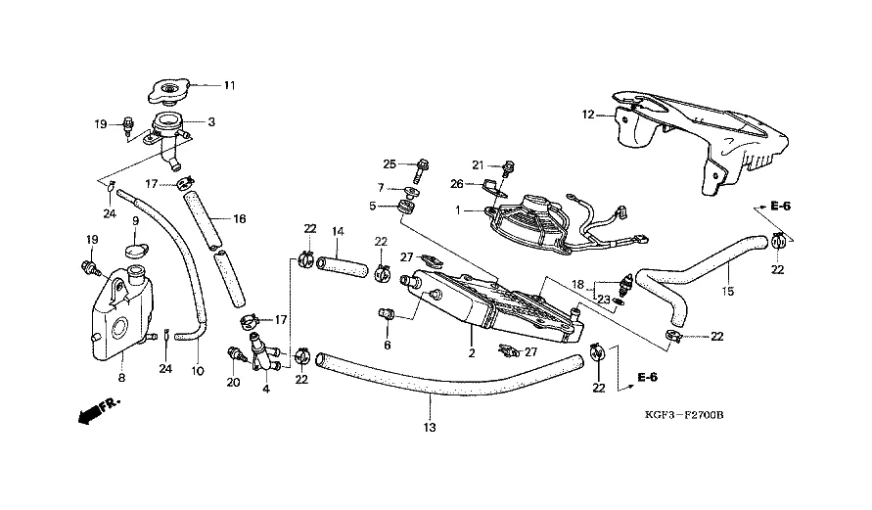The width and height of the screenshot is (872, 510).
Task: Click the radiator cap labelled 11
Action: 169,92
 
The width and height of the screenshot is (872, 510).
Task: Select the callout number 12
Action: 588,115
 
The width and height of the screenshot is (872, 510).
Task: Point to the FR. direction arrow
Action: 99,410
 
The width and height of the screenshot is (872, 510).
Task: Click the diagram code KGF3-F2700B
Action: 684,415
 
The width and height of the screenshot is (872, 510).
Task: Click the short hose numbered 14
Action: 343,266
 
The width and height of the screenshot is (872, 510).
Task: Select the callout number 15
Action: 727,291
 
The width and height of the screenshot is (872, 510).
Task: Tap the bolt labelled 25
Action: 422,169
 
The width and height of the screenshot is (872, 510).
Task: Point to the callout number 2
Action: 472,353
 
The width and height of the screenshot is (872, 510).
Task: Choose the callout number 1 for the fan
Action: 458,210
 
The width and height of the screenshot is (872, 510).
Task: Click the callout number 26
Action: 457,183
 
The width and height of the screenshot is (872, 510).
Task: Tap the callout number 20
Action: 234,383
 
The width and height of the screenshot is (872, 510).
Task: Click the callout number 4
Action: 266,390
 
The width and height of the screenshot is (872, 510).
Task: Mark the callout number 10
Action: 198,371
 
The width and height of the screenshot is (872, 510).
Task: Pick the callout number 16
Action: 239,219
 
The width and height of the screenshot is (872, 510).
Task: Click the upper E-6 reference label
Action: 780,207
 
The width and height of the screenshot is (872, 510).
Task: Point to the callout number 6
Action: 387,345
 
